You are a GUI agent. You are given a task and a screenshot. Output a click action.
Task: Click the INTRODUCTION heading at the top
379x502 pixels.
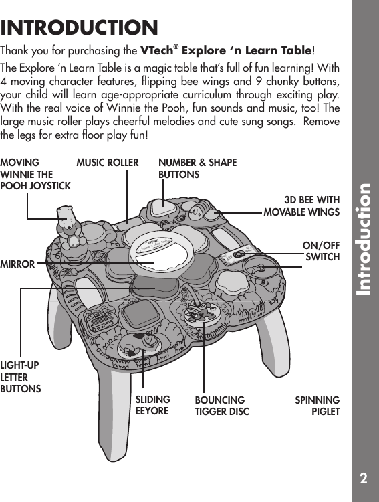pos(80,28)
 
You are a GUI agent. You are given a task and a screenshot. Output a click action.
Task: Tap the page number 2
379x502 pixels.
pos(362,478)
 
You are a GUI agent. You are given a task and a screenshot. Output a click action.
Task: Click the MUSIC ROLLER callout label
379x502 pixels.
pos(108,163)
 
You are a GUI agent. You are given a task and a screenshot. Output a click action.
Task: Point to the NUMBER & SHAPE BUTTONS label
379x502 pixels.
pos(197,169)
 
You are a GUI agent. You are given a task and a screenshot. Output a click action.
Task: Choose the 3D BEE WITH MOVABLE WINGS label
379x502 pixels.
pos(302,206)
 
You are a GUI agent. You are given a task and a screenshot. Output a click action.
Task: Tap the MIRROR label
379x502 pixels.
pos(18,264)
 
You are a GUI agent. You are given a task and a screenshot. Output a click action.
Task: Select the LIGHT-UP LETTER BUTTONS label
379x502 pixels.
pos(21,376)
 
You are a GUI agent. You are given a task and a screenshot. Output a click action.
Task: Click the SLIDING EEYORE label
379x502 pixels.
pos(152,405)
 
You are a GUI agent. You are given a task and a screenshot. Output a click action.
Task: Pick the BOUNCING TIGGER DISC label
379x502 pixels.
pos(221,406)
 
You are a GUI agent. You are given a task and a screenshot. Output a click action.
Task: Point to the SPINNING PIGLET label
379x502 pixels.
pos(318,406)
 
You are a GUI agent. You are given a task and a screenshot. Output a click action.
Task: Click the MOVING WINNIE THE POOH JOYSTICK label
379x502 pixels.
pos(35,174)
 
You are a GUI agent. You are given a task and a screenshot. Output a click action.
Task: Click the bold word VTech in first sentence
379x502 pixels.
pos(158,50)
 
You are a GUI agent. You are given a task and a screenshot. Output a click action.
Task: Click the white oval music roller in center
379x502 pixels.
pos(160,246)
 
